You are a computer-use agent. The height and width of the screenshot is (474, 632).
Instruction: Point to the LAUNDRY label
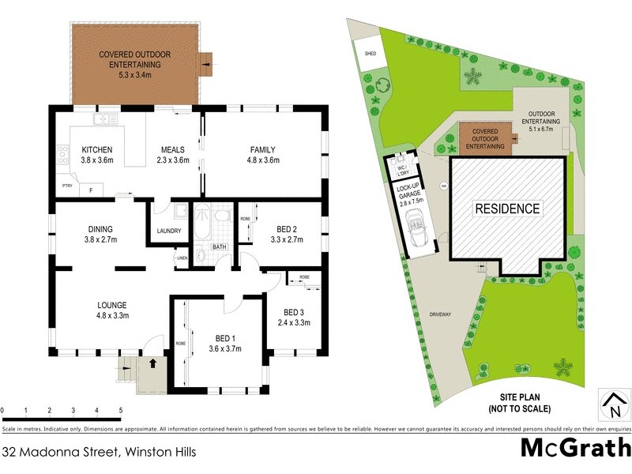click(170, 231)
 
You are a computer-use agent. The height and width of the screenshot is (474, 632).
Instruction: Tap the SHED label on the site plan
click(369, 54)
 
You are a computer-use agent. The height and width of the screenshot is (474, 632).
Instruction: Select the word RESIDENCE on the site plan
click(508, 209)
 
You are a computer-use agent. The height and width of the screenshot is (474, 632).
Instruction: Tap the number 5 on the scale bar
click(120, 411)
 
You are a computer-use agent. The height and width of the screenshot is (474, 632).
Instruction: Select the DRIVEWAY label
click(441, 314)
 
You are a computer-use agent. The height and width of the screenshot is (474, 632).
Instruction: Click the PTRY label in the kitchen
click(67, 186)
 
